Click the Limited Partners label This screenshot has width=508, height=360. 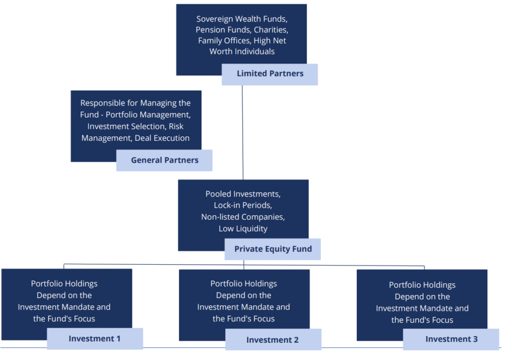(269, 74)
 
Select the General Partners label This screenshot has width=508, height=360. (164, 160)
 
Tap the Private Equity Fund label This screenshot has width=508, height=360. (273, 249)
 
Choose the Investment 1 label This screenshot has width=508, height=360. (94, 339)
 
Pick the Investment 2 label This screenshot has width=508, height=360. (272, 340)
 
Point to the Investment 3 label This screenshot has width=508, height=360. (451, 339)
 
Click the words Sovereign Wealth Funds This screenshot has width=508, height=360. (241, 19)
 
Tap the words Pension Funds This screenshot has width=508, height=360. (218, 30)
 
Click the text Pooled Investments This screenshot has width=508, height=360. (243, 194)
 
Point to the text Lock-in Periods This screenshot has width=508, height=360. (243, 205)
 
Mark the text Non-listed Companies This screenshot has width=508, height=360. (243, 217)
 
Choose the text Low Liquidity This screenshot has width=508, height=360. (243, 229)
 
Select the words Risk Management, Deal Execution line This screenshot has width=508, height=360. (135, 138)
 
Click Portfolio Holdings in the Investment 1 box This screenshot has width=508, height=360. (64, 284)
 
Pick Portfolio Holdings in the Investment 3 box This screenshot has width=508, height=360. (422, 285)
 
